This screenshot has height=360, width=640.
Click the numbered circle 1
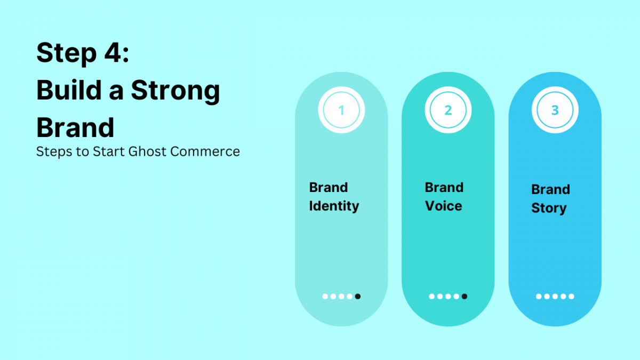[x=341, y=110]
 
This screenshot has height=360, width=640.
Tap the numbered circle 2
[x=448, y=110]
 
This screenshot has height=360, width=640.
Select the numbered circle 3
[x=555, y=110]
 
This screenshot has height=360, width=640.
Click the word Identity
[x=334, y=206]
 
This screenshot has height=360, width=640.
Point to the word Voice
[x=443, y=206]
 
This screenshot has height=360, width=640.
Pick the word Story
[x=548, y=209]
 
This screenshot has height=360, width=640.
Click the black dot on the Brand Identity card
[x=357, y=297]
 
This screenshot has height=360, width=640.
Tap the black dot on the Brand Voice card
[x=464, y=297]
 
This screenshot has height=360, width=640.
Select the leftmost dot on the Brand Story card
[x=539, y=297]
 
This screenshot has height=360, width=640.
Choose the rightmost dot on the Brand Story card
[x=571, y=297]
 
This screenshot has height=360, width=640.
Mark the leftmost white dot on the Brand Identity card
[x=325, y=297]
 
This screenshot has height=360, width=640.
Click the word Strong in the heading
[x=175, y=91]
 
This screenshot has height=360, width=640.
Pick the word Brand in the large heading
[x=75, y=127]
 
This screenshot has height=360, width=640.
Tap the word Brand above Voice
[x=444, y=188]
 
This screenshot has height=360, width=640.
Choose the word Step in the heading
[x=63, y=54]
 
